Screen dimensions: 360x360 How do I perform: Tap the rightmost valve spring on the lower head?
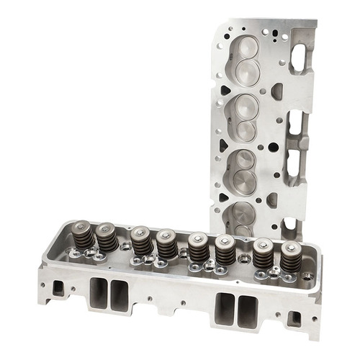(290, 256)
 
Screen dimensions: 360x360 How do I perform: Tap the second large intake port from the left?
(118, 297)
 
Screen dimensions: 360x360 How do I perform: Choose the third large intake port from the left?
(225, 307)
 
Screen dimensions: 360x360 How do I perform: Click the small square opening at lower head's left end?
(58, 288)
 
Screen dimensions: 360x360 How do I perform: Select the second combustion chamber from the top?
(245, 115)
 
